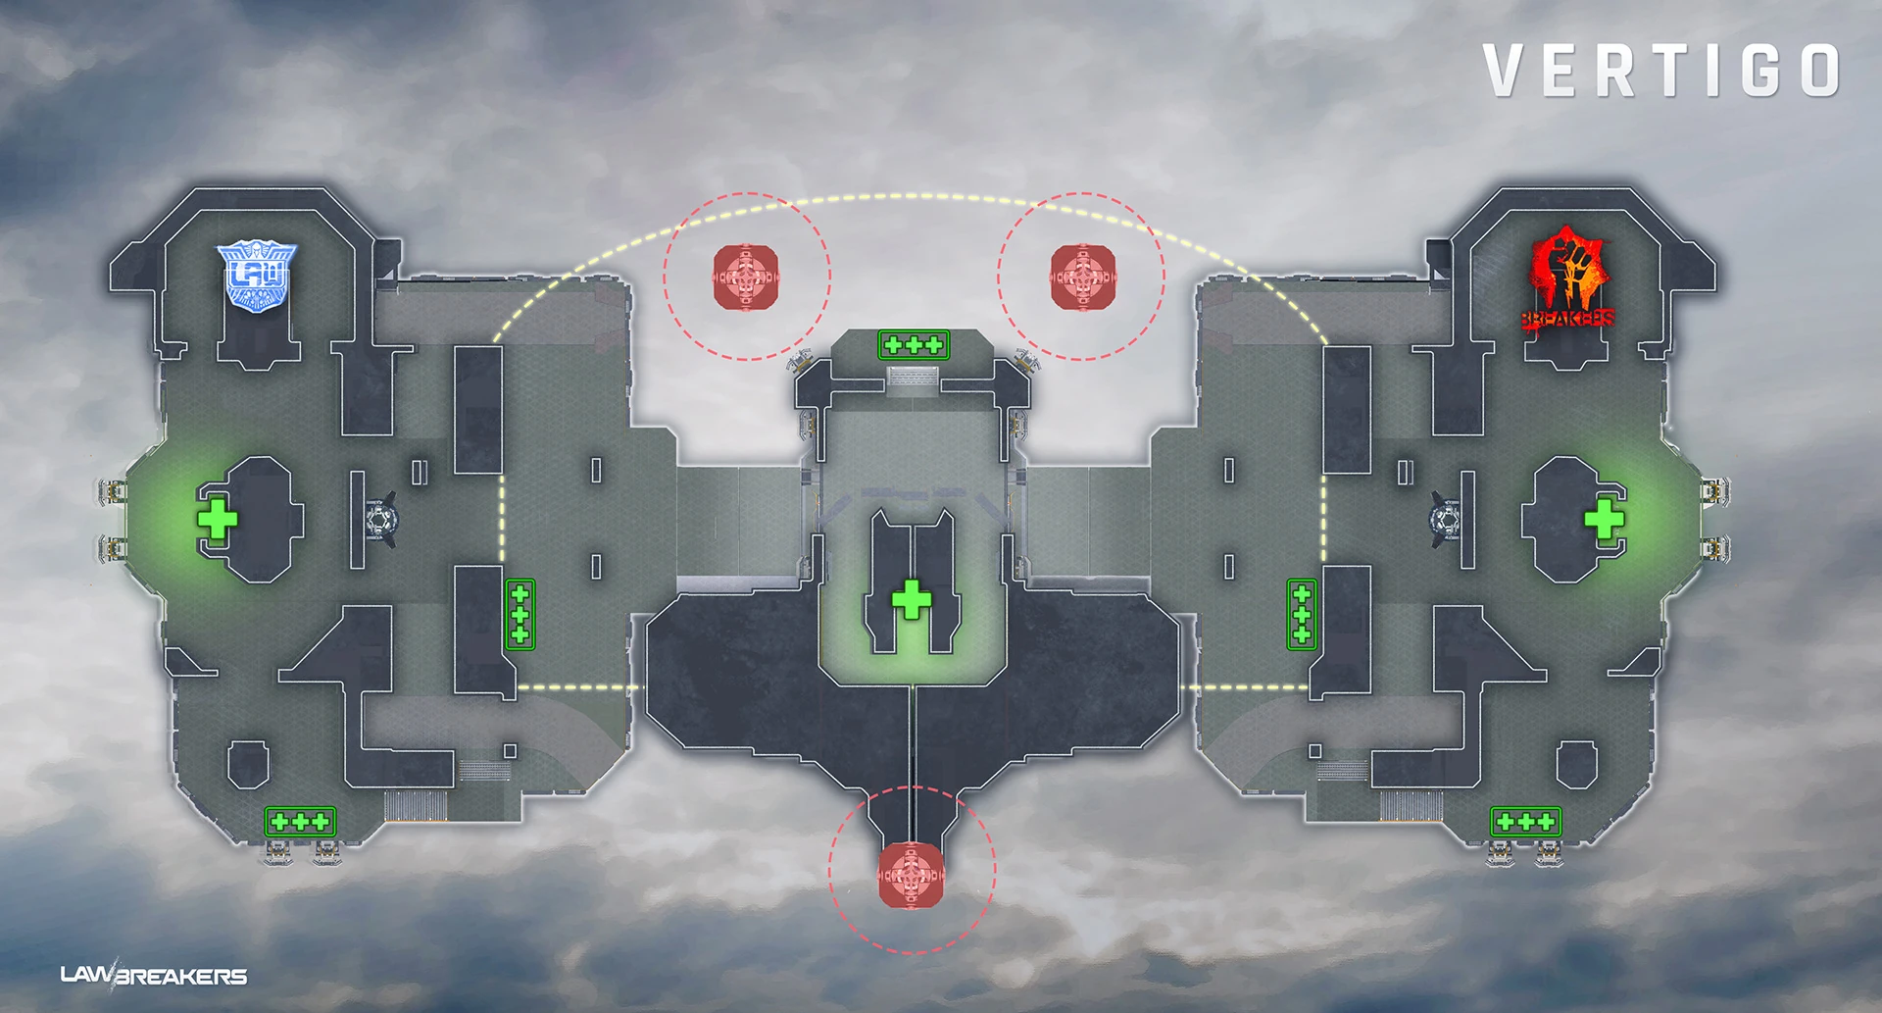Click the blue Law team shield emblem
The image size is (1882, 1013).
click(256, 277)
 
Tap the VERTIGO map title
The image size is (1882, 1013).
click(1661, 71)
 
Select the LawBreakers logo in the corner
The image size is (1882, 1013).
click(154, 975)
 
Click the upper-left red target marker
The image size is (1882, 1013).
click(746, 277)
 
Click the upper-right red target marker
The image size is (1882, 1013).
click(1082, 277)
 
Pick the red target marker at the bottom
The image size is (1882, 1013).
click(911, 874)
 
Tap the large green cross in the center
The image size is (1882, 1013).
click(912, 599)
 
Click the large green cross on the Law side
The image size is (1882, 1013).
click(217, 518)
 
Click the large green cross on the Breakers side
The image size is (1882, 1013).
click(1605, 518)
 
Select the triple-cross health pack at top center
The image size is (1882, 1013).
click(914, 344)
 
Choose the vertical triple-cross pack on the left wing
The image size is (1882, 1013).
click(520, 614)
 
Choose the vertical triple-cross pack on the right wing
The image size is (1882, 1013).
click(1302, 614)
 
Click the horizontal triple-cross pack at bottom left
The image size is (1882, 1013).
click(300, 821)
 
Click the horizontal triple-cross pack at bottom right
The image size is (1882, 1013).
click(1525, 821)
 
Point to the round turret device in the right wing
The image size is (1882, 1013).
click(1445, 518)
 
